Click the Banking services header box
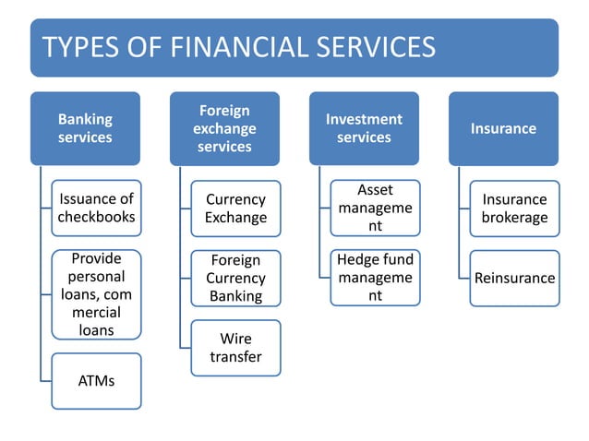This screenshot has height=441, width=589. [x=85, y=128]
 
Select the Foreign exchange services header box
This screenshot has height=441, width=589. [x=224, y=128]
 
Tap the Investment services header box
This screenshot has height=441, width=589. [x=364, y=128]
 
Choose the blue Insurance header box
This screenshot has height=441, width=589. [x=503, y=128]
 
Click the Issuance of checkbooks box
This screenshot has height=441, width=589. [x=96, y=209]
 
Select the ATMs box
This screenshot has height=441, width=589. [x=96, y=380]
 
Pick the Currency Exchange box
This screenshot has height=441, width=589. [x=235, y=209]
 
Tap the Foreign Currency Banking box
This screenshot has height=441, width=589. [x=235, y=278]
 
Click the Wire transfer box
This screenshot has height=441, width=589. [x=235, y=348]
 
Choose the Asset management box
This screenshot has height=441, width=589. [x=375, y=208]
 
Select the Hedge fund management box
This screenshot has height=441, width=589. [x=375, y=278]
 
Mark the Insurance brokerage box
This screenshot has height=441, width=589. [x=514, y=209]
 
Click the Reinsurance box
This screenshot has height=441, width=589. [x=514, y=278]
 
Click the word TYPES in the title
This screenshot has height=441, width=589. [x=78, y=47]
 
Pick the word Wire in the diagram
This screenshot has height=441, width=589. [x=235, y=339]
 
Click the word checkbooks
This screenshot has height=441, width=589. [x=96, y=218]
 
